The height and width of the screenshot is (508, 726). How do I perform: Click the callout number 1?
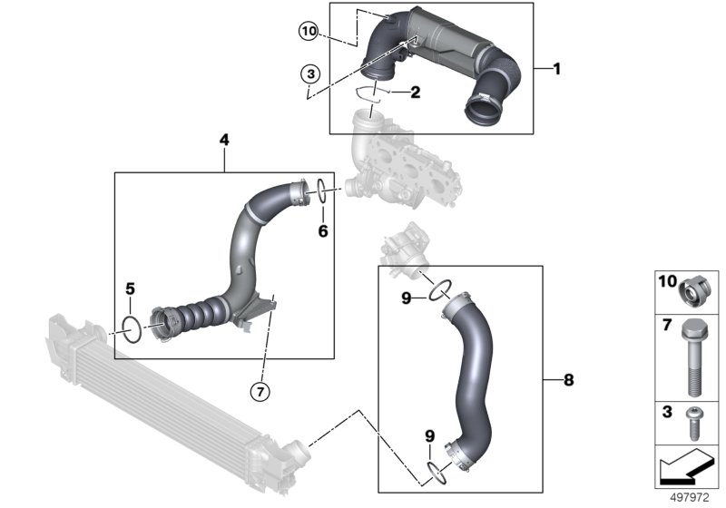557,69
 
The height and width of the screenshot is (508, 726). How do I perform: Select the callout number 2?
415,92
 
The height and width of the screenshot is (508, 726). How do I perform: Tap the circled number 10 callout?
309,32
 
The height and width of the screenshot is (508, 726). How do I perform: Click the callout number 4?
224,140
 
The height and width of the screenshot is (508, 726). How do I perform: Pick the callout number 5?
131,289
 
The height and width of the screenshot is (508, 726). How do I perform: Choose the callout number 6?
322,230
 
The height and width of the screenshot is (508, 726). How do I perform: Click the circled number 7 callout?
260,391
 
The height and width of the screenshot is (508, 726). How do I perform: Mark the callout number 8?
568,380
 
